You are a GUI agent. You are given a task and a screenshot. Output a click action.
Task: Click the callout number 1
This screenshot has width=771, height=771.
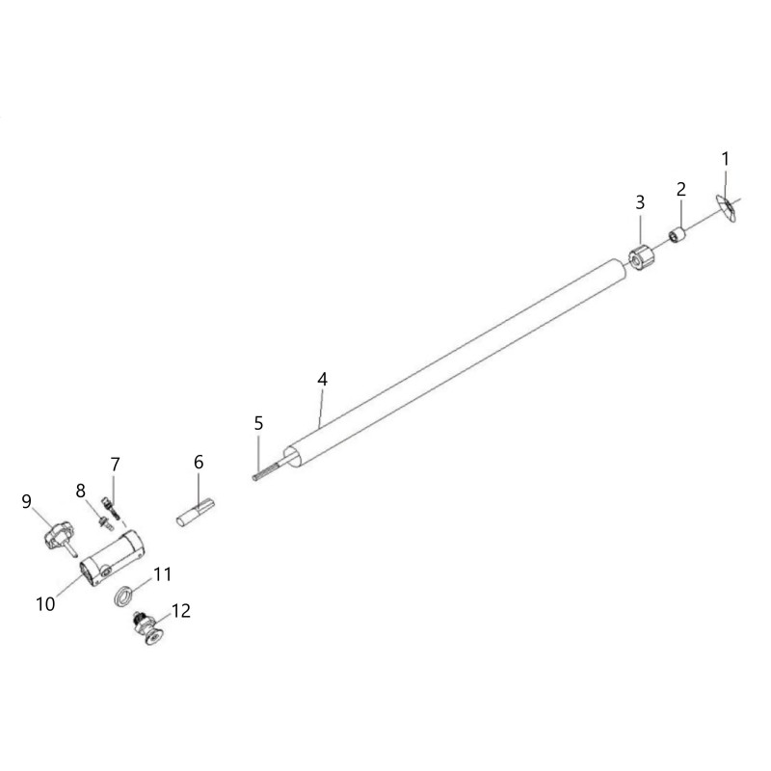pyautogui.click(x=726, y=159)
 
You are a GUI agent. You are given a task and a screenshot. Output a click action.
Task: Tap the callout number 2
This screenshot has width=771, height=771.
pyautogui.click(x=681, y=189)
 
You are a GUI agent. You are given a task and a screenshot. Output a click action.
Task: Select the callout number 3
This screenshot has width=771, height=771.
pyautogui.click(x=640, y=202)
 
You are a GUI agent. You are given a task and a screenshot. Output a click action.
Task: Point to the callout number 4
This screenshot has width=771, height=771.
pyautogui.click(x=323, y=379)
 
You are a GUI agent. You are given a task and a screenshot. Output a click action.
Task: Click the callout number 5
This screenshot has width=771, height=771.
pyautogui.click(x=258, y=423)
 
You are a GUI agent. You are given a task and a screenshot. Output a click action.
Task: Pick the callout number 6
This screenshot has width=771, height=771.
pyautogui.click(x=199, y=462)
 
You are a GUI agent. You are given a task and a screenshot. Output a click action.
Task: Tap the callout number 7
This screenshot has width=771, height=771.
pyautogui.click(x=115, y=465)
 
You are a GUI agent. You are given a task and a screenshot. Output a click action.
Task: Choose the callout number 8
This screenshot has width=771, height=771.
pyautogui.click(x=81, y=491)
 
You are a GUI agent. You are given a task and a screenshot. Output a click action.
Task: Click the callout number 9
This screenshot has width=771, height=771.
pyautogui.click(x=27, y=501)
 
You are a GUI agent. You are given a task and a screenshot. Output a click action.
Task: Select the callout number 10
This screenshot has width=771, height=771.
pyautogui.click(x=45, y=604)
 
